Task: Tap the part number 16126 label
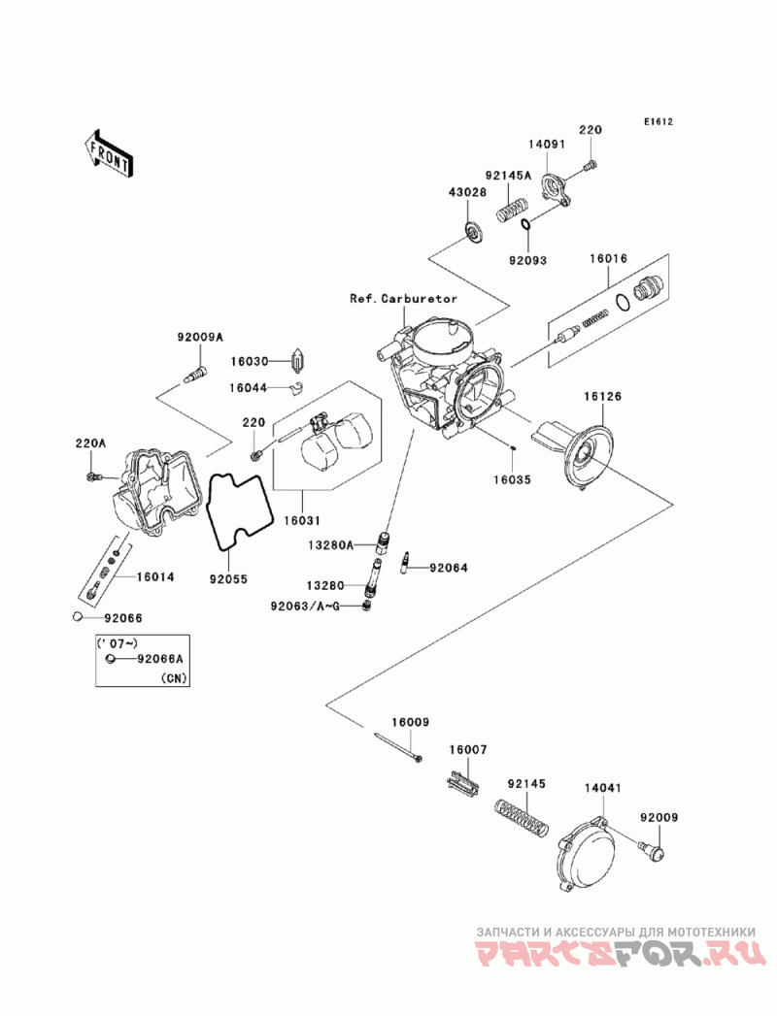coord(601,396)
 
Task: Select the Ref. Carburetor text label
coord(403,299)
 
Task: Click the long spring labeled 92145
coord(522,818)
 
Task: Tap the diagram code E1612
coord(659,121)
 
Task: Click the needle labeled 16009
coord(398,746)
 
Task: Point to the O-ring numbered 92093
coord(526,225)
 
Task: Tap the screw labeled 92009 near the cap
coord(651,851)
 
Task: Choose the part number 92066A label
coord(160,659)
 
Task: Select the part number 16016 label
coord(608,258)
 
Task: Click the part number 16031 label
coord(301,520)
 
